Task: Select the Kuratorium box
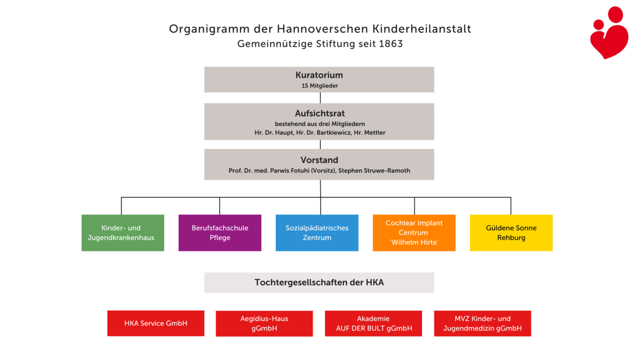click(x=319, y=79)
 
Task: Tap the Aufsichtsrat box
click(x=319, y=121)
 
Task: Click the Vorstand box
click(x=319, y=164)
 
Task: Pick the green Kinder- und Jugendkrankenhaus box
click(x=123, y=233)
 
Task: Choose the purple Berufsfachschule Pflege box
click(x=220, y=233)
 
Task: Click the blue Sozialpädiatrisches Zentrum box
click(x=317, y=233)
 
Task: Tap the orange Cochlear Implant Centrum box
click(x=414, y=233)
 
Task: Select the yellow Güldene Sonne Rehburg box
click(x=511, y=233)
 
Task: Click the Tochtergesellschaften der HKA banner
click(x=319, y=283)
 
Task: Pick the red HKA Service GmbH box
click(x=156, y=323)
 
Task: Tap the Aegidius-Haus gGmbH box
click(x=264, y=323)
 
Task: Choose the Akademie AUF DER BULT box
click(x=373, y=323)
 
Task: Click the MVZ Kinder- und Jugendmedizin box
click(x=482, y=323)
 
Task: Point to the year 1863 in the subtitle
click(x=391, y=44)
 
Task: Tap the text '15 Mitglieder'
click(x=319, y=85)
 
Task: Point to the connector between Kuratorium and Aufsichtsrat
click(x=320, y=98)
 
